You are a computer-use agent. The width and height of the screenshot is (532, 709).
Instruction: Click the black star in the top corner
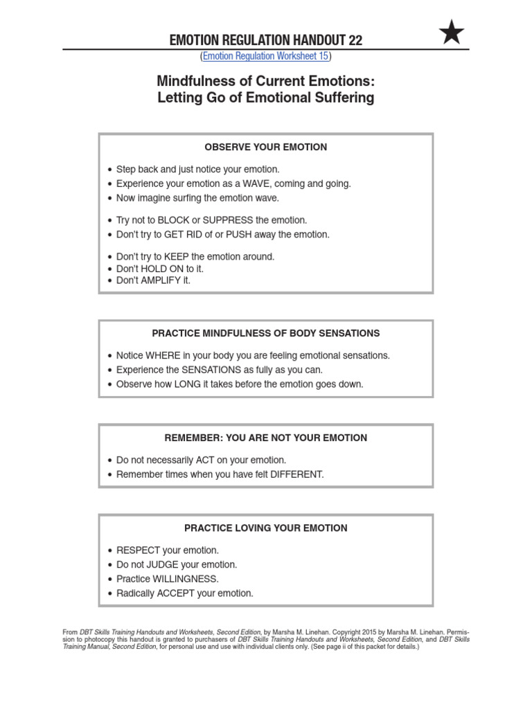click(452, 33)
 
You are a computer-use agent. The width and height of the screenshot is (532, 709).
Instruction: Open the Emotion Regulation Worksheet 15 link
click(266, 56)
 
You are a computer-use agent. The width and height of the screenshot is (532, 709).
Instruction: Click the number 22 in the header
click(355, 40)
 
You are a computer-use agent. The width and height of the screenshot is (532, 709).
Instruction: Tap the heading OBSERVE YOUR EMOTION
click(266, 147)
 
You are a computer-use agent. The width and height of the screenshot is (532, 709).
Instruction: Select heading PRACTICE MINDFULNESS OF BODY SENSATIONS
click(266, 333)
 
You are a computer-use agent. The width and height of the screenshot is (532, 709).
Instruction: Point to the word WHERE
click(162, 355)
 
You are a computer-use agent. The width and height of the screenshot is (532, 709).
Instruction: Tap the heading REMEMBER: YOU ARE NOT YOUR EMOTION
click(266, 438)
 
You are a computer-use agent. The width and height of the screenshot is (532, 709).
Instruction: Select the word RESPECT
click(139, 550)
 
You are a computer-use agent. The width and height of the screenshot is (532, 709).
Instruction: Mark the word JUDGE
click(162, 565)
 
